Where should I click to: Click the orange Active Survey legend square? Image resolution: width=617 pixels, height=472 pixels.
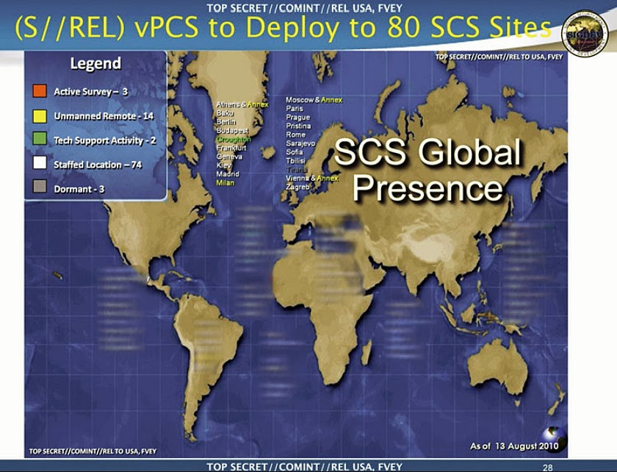pyautogui.click(x=40, y=92)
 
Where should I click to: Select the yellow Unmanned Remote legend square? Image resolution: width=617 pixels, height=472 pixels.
pyautogui.click(x=40, y=116)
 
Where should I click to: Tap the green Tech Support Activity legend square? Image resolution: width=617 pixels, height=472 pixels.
pyautogui.click(x=40, y=140)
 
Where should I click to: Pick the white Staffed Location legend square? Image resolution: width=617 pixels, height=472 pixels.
pyautogui.click(x=40, y=164)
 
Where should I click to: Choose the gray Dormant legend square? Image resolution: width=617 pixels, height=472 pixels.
pyautogui.click(x=40, y=188)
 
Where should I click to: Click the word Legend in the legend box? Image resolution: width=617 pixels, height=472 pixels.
pyautogui.click(x=95, y=63)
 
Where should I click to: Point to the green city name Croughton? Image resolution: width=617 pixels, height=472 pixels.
pyautogui.click(x=234, y=139)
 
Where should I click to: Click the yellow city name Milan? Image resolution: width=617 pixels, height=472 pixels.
pyautogui.click(x=225, y=182)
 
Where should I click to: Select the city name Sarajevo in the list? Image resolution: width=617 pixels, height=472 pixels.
pyautogui.click(x=300, y=143)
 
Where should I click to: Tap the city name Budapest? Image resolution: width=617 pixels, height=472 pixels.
pyautogui.click(x=232, y=130)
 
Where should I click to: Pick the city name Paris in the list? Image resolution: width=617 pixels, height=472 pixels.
pyautogui.click(x=295, y=109)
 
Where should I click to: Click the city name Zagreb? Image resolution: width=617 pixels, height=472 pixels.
pyautogui.click(x=297, y=187)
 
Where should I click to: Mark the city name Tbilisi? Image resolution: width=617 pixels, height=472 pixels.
pyautogui.click(x=297, y=161)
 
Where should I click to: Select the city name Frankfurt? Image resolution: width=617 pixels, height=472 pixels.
pyautogui.click(x=231, y=148)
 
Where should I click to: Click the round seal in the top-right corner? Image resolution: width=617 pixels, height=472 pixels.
pyautogui.click(x=584, y=32)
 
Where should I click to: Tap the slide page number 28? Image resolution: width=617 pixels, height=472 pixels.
pyautogui.click(x=546, y=467)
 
